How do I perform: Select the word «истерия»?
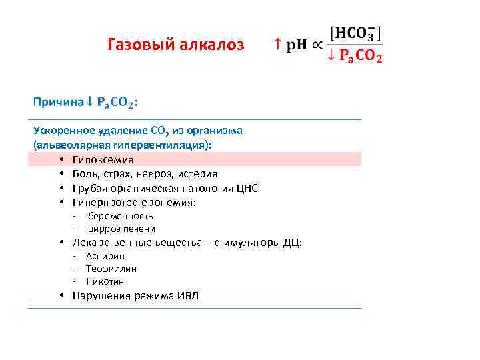(197, 174)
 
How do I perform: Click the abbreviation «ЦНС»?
(247, 188)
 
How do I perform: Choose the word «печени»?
(139, 229)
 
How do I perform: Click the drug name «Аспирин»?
(105, 256)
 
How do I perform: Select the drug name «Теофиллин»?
(111, 269)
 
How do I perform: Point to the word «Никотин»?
(105, 281)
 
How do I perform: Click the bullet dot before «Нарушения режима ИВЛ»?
(61, 295)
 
